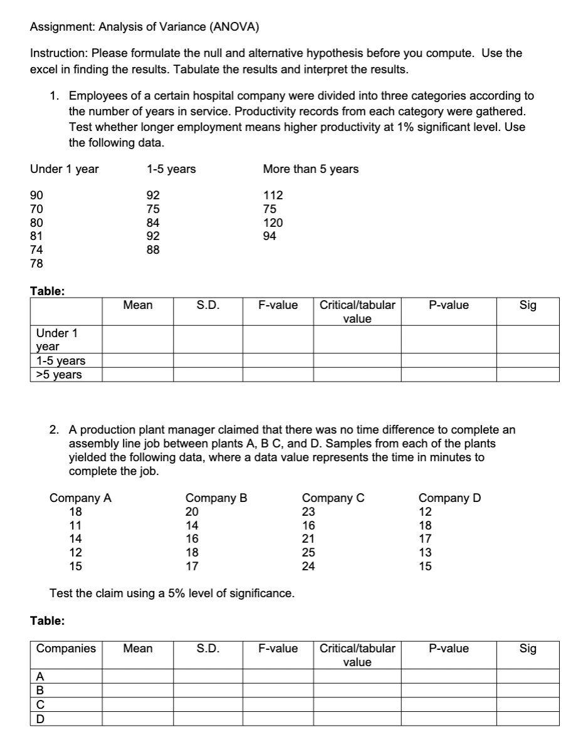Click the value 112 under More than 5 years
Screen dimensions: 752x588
click(x=274, y=196)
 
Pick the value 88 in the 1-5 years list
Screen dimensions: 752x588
click(x=153, y=250)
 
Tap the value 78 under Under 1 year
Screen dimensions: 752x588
click(x=37, y=264)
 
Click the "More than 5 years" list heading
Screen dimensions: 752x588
click(x=311, y=169)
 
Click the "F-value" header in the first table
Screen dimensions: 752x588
click(x=278, y=305)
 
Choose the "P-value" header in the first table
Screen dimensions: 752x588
click(x=449, y=305)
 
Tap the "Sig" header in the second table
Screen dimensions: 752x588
click(x=528, y=649)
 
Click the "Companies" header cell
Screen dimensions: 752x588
click(x=66, y=649)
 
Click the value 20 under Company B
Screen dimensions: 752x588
click(x=192, y=511)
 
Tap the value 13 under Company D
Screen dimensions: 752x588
click(x=425, y=553)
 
